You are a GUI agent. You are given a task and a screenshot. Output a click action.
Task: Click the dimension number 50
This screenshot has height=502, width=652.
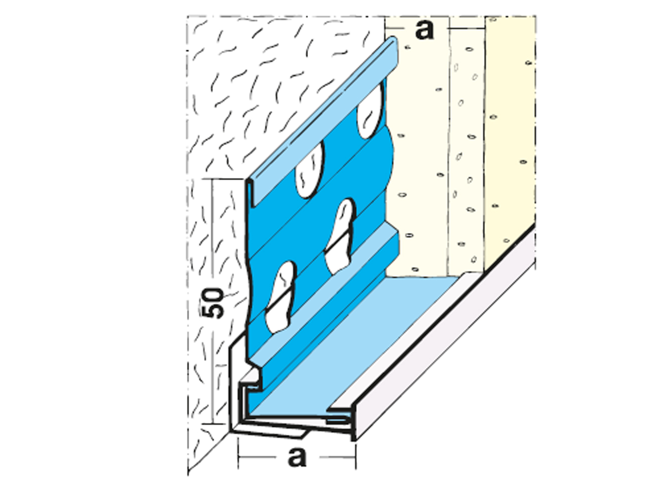coord(213,303)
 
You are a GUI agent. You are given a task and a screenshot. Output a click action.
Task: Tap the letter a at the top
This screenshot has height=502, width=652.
coord(424,30)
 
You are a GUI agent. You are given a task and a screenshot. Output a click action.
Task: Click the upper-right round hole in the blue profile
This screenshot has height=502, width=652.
coord(370,111)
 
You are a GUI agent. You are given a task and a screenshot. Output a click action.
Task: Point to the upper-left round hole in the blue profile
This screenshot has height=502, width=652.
coord(309,170)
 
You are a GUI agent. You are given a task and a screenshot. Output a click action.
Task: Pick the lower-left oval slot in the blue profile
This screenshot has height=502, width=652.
coord(280,298)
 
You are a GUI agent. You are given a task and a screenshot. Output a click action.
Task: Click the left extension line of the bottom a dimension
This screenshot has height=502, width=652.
coord(238,453)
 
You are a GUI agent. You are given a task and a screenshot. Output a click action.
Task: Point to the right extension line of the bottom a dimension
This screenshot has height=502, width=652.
coord(356,455)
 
